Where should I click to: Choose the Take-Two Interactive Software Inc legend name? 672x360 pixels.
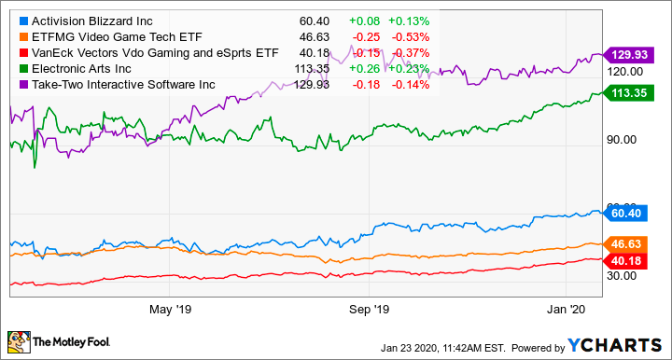click(x=120, y=85)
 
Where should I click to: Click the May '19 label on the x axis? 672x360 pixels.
click(x=169, y=307)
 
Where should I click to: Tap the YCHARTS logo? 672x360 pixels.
click(x=612, y=346)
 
